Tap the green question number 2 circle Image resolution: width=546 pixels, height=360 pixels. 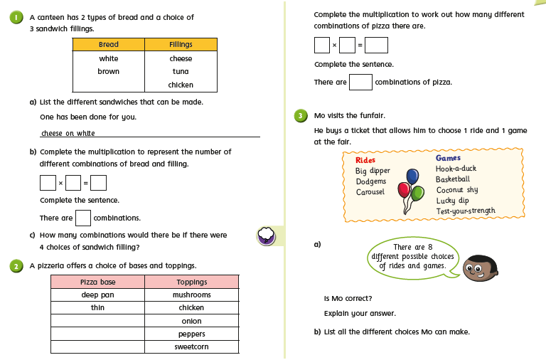(15, 265)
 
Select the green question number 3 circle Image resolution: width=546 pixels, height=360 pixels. (301, 115)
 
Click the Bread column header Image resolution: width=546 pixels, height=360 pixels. (109, 45)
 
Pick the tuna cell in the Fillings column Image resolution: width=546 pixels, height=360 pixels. (181, 71)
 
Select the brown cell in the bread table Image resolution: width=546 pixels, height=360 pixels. (109, 71)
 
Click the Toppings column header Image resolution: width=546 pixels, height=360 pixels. (191, 282)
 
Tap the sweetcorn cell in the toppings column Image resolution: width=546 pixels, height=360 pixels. (191, 347)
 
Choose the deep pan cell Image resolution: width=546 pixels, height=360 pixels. (97, 295)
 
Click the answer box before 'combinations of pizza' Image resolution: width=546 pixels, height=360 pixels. (360, 82)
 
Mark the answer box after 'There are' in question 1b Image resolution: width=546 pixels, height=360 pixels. (82, 218)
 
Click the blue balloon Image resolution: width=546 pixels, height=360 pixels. (412, 176)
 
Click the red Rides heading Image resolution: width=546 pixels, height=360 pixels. (365, 160)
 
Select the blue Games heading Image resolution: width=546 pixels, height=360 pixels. (448, 158)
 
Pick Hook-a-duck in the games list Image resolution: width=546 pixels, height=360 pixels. (456, 169)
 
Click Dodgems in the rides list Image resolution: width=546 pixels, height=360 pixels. (372, 181)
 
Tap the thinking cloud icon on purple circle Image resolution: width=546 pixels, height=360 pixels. (265, 235)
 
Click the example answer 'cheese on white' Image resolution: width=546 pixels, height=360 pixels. (68, 133)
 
